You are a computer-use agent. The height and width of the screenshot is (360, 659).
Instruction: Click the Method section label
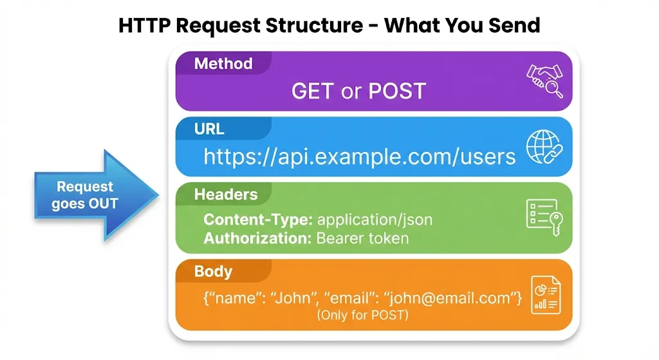(x=223, y=64)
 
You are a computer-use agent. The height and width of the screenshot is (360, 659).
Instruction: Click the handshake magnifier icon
(x=544, y=81)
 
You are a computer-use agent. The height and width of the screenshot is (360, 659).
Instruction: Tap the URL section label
(x=209, y=129)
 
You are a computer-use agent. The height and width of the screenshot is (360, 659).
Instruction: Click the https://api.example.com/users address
(x=360, y=156)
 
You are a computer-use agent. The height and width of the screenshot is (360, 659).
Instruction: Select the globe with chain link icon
(x=544, y=146)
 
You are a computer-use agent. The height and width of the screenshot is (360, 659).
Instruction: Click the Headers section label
(x=225, y=194)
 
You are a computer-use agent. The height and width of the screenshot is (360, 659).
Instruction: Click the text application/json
(x=375, y=220)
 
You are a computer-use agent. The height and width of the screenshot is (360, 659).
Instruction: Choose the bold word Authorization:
(x=258, y=238)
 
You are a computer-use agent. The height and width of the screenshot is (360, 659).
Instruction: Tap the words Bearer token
(x=362, y=238)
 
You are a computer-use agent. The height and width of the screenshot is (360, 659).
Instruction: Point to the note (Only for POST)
(x=362, y=315)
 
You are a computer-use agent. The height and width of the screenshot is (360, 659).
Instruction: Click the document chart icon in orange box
(x=544, y=294)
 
